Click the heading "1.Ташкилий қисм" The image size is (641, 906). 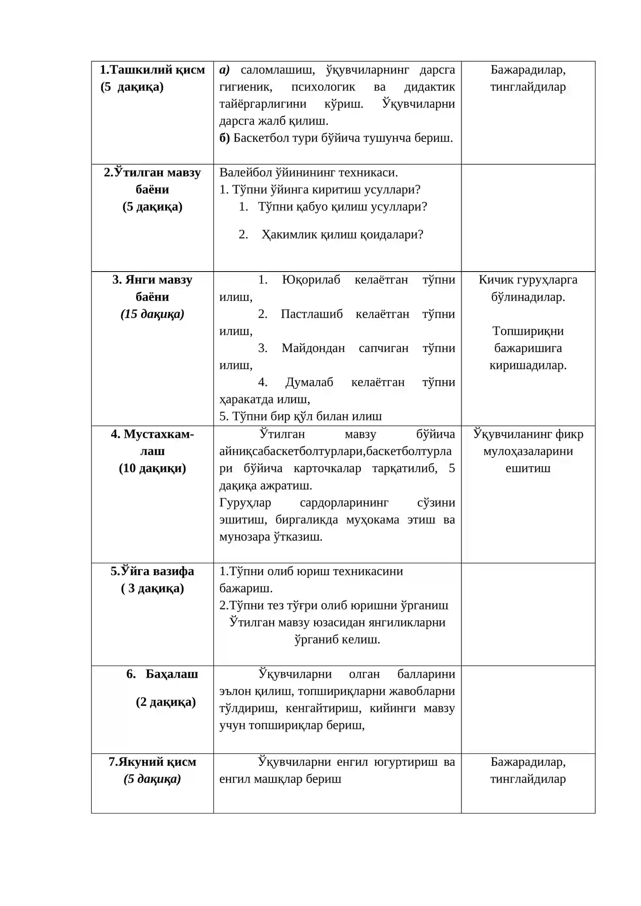click(x=152, y=70)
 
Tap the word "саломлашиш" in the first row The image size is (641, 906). click(x=277, y=70)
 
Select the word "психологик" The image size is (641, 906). click(x=323, y=87)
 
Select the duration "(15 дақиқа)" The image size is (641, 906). click(x=152, y=314)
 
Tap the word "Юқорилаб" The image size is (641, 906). click(x=311, y=280)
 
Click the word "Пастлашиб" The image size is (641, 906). click(x=311, y=314)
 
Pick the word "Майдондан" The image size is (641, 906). click(x=313, y=348)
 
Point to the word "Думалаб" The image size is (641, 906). click(x=309, y=383)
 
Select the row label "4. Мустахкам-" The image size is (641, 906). click(x=152, y=434)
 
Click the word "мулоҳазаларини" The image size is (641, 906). click(x=528, y=451)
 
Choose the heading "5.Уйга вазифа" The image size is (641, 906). click(x=152, y=571)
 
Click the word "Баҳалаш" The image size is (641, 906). click(x=171, y=674)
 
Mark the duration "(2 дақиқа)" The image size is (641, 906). click(x=165, y=702)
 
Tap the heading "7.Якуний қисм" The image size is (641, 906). click(x=152, y=762)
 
